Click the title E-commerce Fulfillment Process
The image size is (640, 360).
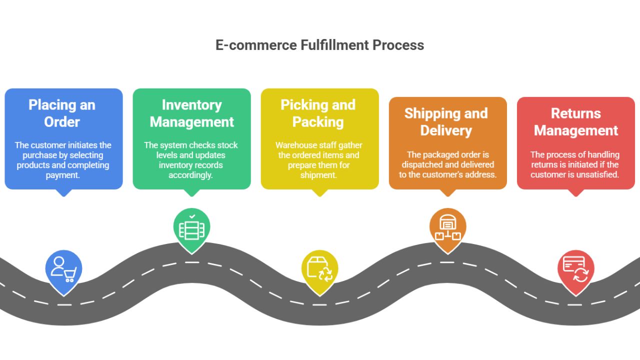(319, 45)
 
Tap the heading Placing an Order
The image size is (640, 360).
(62, 113)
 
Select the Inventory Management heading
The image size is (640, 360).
(191, 113)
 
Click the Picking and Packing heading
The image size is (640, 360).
(318, 113)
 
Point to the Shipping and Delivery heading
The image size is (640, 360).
(446, 122)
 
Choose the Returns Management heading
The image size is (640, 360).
(576, 122)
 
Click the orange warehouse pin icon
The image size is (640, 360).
(447, 228)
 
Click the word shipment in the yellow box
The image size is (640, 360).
(318, 175)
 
